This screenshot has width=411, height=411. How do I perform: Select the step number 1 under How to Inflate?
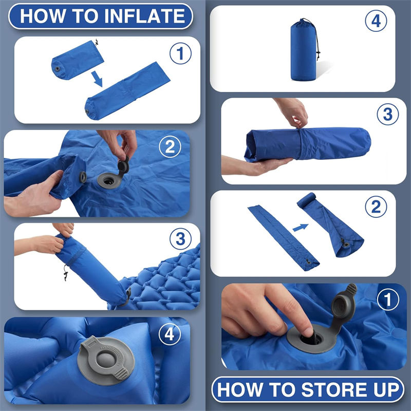180,54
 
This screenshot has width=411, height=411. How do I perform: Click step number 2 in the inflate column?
170,147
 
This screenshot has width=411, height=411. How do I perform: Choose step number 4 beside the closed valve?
170,335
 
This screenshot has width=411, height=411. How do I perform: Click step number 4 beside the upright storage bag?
376,21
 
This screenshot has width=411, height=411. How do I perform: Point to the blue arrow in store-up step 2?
301,227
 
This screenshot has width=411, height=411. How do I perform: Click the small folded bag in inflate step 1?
77,61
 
